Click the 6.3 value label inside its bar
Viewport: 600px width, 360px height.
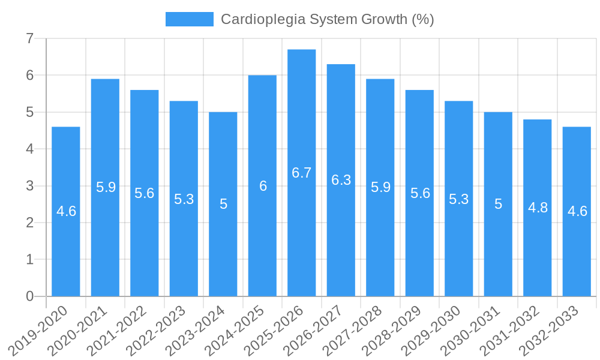pyautogui.click(x=341, y=180)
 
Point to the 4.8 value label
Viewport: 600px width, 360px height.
pyautogui.click(x=538, y=208)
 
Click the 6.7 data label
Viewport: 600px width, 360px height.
pyautogui.click(x=302, y=173)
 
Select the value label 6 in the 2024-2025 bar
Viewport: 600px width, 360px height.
pyautogui.click(x=263, y=186)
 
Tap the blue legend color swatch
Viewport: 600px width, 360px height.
pyautogui.click(x=190, y=19)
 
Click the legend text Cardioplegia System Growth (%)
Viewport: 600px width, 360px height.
pyautogui.click(x=327, y=19)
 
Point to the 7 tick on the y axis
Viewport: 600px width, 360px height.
pyautogui.click(x=29, y=38)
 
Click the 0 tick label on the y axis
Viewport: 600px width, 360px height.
pyautogui.click(x=29, y=296)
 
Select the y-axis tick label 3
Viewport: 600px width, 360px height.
pyautogui.click(x=29, y=186)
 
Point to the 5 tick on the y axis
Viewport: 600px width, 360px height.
pyautogui.click(x=29, y=112)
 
